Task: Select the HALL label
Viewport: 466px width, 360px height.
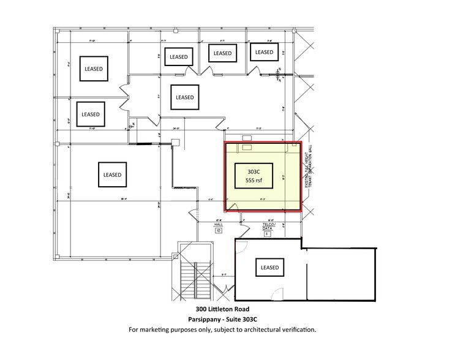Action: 218,225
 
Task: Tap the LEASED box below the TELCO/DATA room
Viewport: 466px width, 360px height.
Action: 269,268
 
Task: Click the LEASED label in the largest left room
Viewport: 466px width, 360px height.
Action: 112,174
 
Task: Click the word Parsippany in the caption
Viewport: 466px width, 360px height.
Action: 206,319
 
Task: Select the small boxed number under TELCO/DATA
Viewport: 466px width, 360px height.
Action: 267,233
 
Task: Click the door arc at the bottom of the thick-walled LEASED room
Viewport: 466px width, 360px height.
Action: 279,293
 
